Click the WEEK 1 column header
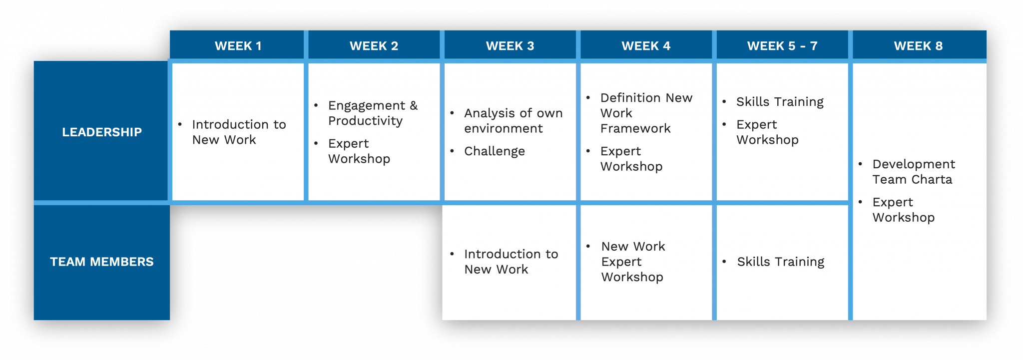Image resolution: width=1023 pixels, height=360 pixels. pyautogui.click(x=238, y=46)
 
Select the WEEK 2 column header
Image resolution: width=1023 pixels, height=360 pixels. pyautogui.click(x=374, y=46)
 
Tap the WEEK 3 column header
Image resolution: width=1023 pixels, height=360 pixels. pyautogui.click(x=510, y=46)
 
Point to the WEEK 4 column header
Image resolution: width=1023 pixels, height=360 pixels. pyautogui.click(x=646, y=46)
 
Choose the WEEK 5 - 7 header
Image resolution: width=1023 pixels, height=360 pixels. pyautogui.click(x=782, y=46)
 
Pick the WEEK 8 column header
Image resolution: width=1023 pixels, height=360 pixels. pyautogui.click(x=918, y=46)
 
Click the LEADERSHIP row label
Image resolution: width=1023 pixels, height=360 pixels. pyautogui.click(x=102, y=132)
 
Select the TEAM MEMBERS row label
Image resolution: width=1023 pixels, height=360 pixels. pyautogui.click(x=102, y=262)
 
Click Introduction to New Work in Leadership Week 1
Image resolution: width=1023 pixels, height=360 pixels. pyautogui.click(x=239, y=132)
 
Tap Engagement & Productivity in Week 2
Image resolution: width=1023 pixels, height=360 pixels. pyautogui.click(x=372, y=113)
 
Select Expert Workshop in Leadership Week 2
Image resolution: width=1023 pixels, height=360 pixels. pyautogui.click(x=359, y=151)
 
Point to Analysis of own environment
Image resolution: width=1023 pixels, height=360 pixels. pyautogui.click(x=513, y=120)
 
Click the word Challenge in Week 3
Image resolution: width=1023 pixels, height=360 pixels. pyautogui.click(x=494, y=151)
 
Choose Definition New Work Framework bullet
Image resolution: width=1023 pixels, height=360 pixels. pyautogui.click(x=646, y=113)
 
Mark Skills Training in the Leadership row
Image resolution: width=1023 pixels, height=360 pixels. pyautogui.click(x=780, y=102)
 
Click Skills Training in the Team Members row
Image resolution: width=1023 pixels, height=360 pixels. pyautogui.click(x=780, y=262)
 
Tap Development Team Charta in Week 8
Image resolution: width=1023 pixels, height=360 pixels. pyautogui.click(x=913, y=171)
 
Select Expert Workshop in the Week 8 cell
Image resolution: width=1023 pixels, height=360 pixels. pyautogui.click(x=903, y=210)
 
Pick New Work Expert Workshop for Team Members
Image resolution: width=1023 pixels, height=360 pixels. pyautogui.click(x=633, y=262)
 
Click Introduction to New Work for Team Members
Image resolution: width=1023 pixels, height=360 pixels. pyautogui.click(x=511, y=262)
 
